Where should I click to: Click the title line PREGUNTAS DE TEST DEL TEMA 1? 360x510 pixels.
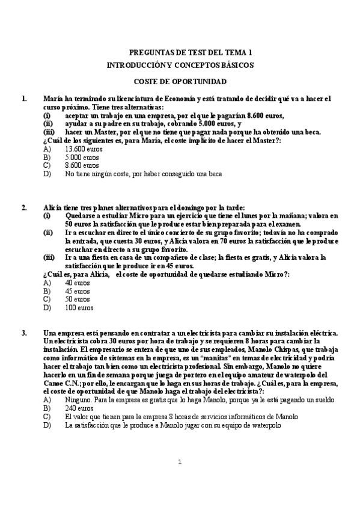tap(191, 53)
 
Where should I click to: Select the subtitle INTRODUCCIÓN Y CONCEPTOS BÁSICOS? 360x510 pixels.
tap(180, 64)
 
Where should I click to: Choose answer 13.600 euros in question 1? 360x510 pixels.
tap(82, 149)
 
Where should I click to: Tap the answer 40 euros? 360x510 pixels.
tap(77, 282)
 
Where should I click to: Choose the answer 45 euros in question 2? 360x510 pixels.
tap(77, 290)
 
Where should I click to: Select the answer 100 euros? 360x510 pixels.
tap(79, 307)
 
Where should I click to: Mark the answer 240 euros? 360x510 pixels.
tap(77, 408)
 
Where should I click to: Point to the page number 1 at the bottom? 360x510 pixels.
tap(180, 479)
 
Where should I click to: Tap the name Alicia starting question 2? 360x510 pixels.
tap(54, 208)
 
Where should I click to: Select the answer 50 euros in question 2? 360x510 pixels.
tap(77, 299)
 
